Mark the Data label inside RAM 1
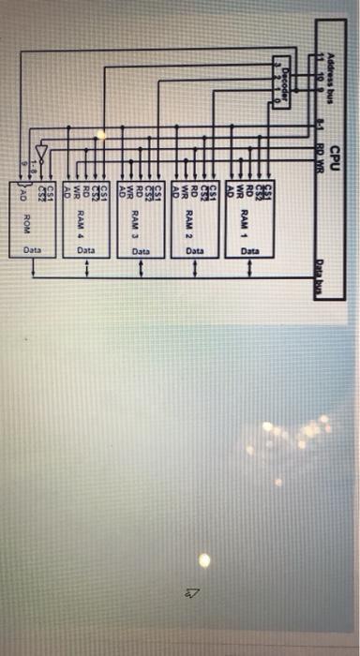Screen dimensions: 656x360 pos(249,251)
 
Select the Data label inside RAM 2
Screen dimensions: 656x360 pos(195,251)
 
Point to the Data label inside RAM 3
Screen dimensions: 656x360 pos(141,251)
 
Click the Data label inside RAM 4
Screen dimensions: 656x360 pos(86,251)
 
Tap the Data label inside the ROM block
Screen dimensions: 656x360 pos(33,251)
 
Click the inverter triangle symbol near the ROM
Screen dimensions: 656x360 pos(38,150)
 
